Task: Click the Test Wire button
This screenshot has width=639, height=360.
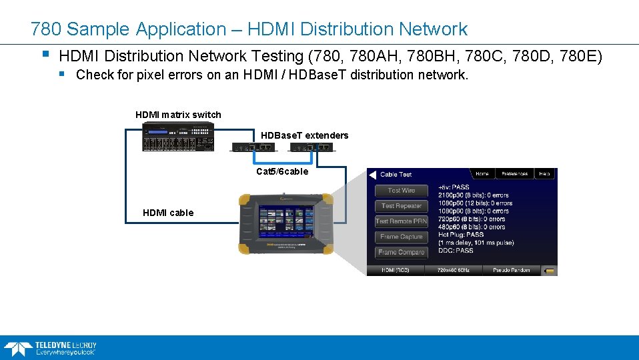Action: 402,191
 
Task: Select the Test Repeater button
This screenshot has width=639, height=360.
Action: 402,206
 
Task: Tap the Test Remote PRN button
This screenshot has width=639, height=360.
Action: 402,221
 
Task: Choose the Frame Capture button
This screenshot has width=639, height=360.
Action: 402,237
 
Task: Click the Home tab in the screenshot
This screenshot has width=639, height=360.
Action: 482,174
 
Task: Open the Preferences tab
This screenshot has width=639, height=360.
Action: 514,174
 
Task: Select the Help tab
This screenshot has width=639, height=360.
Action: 545,174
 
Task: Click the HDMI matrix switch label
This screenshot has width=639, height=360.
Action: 178,115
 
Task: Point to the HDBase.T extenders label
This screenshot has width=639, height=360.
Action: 304,135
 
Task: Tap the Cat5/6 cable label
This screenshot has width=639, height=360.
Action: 282,171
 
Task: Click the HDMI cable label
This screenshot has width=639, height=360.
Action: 168,213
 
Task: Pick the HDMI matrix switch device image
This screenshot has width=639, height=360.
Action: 177,138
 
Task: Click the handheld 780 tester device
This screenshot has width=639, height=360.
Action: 286,224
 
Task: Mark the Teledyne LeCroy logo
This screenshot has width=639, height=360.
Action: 50,347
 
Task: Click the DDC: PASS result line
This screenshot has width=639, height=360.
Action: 456,251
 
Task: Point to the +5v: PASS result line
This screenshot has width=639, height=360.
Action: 454,187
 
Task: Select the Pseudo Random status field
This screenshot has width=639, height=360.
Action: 511,270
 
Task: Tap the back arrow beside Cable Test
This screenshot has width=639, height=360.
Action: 372,175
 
